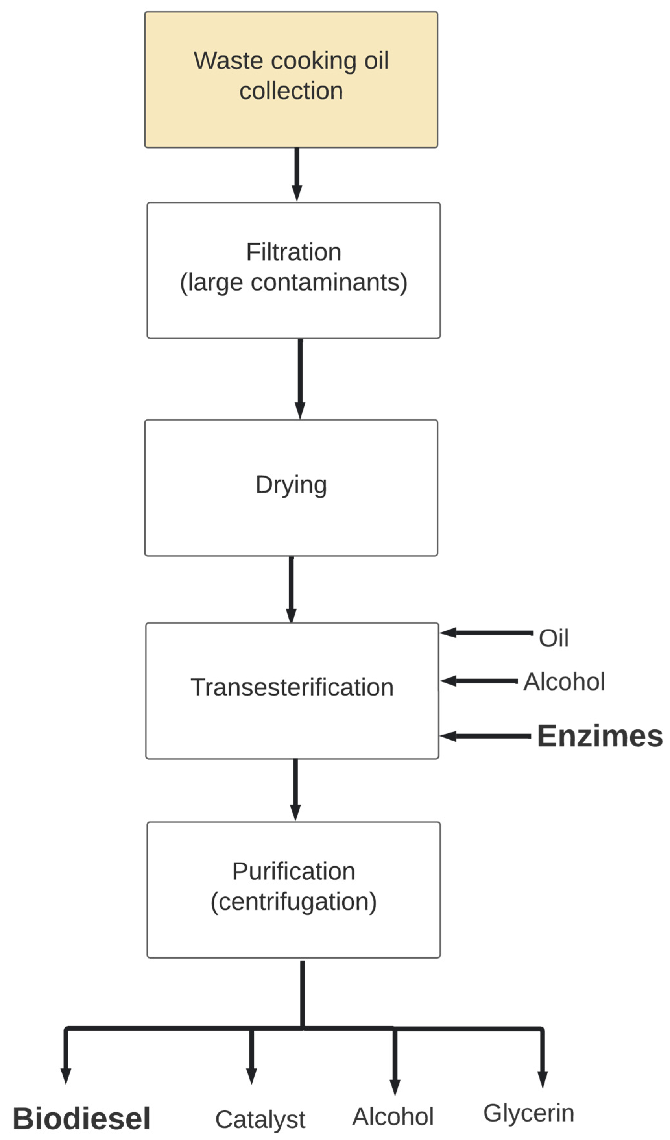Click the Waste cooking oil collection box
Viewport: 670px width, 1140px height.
tap(291, 80)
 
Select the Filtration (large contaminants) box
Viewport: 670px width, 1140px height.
tap(293, 271)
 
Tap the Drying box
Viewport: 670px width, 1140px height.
tap(291, 488)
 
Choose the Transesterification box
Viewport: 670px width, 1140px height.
tap(292, 691)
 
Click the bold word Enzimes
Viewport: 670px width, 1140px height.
tap(600, 736)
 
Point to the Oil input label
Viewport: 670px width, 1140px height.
tap(553, 638)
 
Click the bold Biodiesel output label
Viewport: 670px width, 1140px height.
tap(81, 1118)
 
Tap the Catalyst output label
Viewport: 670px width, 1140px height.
tap(260, 1120)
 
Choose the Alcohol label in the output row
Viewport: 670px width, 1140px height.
tap(393, 1117)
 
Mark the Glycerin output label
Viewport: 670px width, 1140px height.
tap(529, 1113)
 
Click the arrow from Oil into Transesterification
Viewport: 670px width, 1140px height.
tap(486, 633)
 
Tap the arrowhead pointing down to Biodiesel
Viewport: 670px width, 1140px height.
tap(66, 1075)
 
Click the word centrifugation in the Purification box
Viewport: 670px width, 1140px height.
tap(293, 901)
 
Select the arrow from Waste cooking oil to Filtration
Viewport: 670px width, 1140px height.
tap(297, 174)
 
